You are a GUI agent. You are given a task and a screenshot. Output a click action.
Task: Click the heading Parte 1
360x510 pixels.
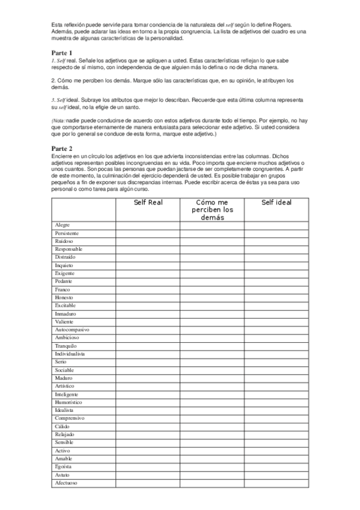coord(62,53)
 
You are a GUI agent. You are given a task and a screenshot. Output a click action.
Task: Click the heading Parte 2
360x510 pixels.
coord(62,148)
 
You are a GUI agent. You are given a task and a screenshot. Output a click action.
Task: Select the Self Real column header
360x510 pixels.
coord(148,203)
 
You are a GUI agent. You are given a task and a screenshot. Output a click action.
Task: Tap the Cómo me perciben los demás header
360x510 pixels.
coord(212,210)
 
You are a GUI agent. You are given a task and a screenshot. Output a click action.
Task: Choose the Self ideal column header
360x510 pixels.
coord(276,203)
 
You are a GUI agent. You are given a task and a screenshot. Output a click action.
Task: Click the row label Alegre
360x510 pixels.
coord(62,225)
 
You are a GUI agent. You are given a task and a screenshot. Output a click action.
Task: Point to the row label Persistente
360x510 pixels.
coord(66,233)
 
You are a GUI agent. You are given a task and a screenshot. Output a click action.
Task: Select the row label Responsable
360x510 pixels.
coord(69,249)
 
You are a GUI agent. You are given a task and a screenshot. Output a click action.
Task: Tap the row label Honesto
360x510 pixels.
coord(64,298)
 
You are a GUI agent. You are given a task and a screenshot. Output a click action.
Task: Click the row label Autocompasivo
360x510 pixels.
coord(72,330)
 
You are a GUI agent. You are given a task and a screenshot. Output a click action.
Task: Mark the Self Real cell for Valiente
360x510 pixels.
coord(148,322)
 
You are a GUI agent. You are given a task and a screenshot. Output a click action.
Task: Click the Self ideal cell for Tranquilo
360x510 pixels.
coord(276,346)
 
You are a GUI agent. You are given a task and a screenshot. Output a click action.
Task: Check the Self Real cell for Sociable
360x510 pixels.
coord(148,370)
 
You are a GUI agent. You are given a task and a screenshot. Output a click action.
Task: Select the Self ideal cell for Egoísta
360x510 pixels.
coord(276,467)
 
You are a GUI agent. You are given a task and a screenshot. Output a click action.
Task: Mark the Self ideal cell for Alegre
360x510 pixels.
coord(276,225)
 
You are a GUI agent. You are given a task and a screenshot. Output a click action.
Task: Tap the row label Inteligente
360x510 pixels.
coord(67,395)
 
